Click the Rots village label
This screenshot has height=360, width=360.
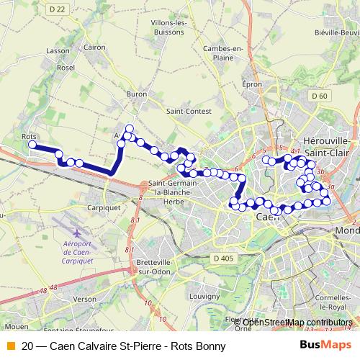pos(30,135)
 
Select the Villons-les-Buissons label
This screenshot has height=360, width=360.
pos(168,27)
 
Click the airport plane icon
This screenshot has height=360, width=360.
pos(78,233)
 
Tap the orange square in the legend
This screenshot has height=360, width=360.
pos(9,346)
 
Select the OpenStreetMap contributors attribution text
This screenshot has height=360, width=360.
pos(297,322)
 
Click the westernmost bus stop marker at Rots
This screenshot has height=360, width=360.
pos(32,145)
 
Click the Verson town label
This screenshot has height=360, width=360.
pos(84,298)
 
